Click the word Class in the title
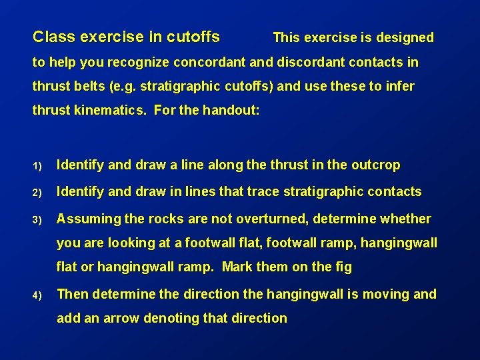point(51,37)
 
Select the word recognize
point(138,63)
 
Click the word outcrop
point(377,165)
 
